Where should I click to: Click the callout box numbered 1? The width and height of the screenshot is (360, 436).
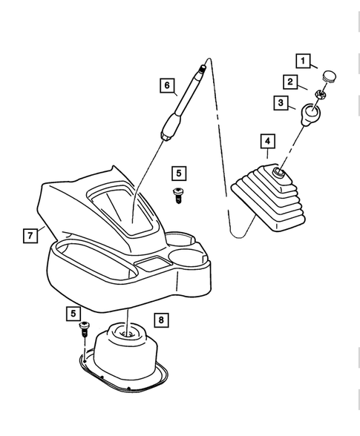click(303, 59)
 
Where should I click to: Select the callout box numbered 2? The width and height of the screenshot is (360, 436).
click(291, 82)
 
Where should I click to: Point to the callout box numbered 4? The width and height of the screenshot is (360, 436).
click(266, 140)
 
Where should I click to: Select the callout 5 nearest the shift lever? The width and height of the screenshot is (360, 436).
click(177, 174)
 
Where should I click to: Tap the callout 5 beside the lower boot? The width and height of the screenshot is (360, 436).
click(75, 314)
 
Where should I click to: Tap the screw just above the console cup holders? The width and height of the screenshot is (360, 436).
click(178, 194)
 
